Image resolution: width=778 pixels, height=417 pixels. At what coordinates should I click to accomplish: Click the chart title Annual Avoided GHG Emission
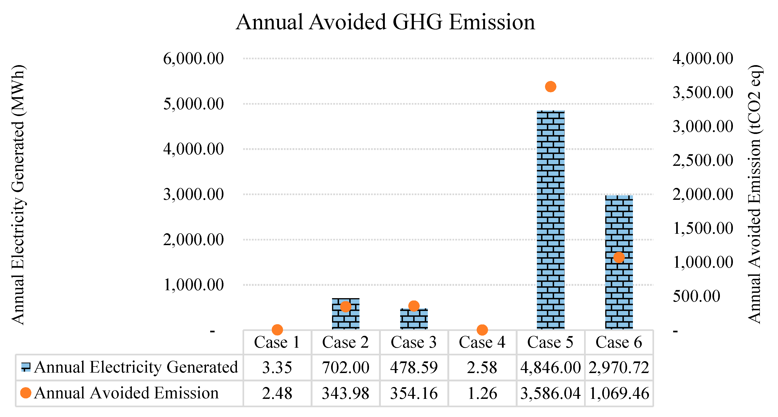click(x=385, y=22)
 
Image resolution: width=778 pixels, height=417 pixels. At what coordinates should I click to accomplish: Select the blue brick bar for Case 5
click(x=550, y=220)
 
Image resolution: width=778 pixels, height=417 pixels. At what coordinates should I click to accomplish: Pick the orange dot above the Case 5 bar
click(x=550, y=87)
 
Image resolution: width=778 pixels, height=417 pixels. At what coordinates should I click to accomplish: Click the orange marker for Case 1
click(x=277, y=330)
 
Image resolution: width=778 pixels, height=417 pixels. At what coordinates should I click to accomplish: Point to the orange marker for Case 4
click(x=482, y=330)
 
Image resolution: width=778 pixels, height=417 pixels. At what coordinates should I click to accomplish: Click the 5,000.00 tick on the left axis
click(x=193, y=104)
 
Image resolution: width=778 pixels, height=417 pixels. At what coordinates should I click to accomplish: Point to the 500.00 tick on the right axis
click(x=696, y=296)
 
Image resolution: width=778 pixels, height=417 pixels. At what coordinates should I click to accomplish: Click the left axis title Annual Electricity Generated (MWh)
click(x=18, y=195)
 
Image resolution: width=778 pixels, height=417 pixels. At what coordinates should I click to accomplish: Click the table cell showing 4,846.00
click(x=550, y=367)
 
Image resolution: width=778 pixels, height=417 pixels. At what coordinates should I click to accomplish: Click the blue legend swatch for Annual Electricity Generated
click(x=26, y=367)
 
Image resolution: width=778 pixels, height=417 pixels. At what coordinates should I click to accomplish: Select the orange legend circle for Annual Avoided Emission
click(x=26, y=393)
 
